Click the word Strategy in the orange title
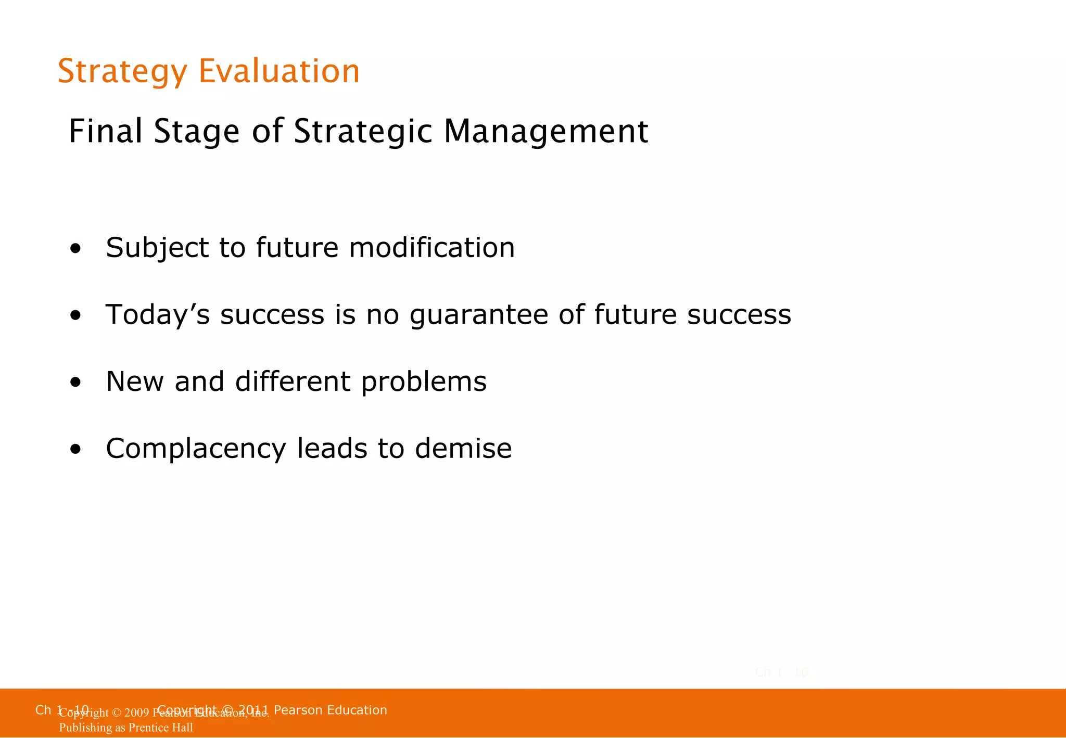coord(122,72)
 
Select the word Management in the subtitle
coord(545,132)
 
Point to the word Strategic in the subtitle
coord(363,132)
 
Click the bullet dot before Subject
coord(76,249)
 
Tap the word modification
coord(432,247)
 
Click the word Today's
coord(157,315)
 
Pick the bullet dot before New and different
coord(76,383)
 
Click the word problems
coord(424,383)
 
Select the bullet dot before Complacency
coord(76,450)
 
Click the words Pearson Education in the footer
coord(330,710)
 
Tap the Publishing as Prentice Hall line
coord(125,728)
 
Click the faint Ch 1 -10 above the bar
coord(781,672)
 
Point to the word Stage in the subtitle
coord(196,132)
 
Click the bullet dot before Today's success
coord(76,316)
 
